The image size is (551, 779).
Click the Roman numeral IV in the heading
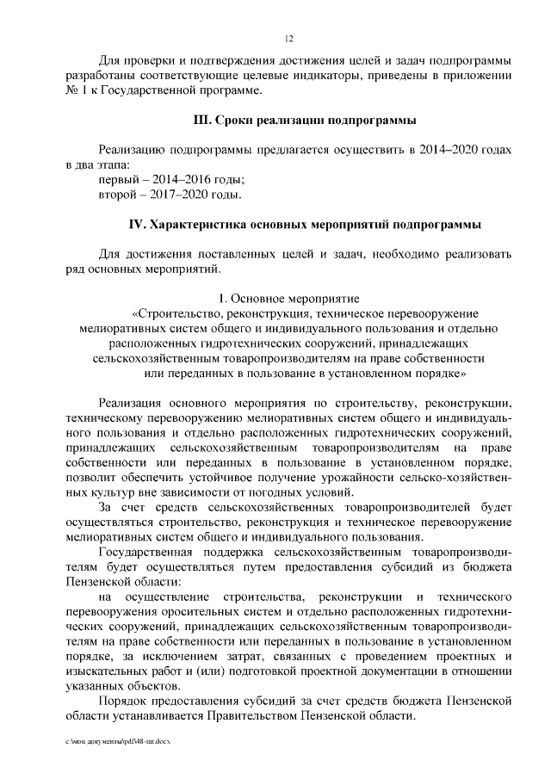point(136,225)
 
